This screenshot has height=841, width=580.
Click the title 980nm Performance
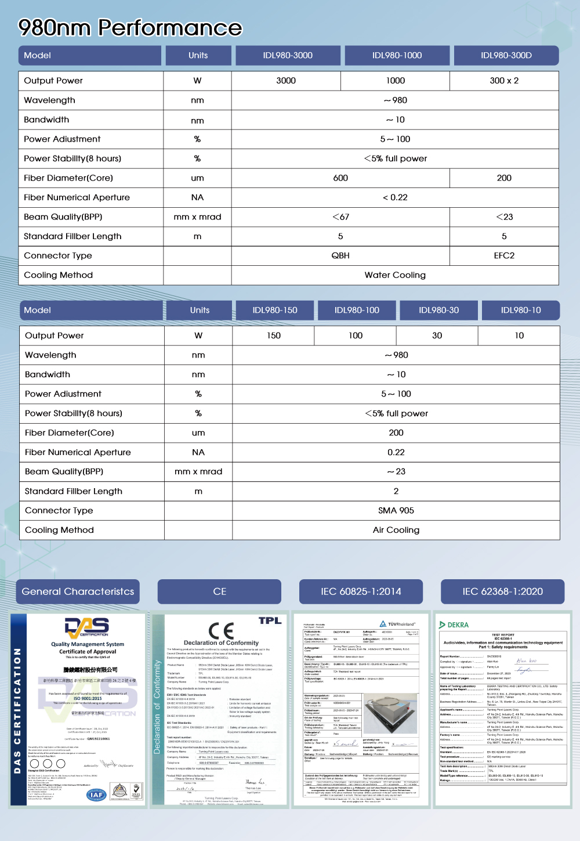130,27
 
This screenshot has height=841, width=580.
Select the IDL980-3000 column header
288,56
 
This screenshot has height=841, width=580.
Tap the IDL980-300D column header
506,56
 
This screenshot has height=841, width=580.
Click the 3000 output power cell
286,81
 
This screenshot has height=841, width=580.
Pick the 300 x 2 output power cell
504,81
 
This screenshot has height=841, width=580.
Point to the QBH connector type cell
340,255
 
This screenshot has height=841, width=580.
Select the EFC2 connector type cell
504,255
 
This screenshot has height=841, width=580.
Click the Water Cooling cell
395,275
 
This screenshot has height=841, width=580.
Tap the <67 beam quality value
340,216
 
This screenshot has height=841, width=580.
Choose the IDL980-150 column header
275,311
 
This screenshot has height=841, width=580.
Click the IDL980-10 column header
521,311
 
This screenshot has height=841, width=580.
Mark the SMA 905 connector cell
396,510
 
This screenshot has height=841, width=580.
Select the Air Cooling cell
396,530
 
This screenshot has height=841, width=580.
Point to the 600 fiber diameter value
340,178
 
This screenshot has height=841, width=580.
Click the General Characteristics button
78,591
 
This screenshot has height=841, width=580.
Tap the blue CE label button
219,591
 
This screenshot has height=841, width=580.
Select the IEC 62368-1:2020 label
502,591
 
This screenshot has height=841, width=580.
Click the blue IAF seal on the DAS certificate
96,795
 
